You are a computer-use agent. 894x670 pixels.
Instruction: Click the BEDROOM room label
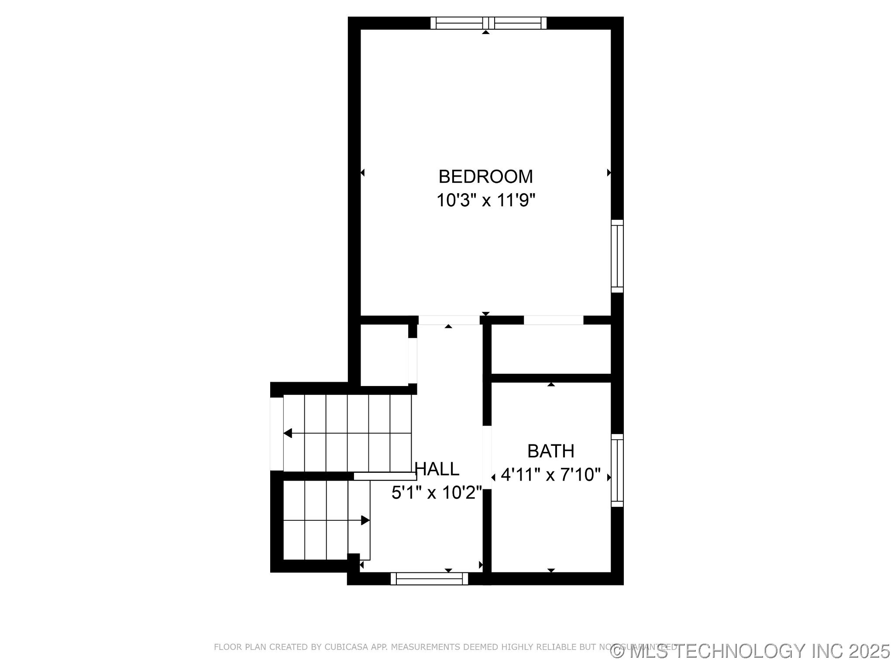click(x=485, y=177)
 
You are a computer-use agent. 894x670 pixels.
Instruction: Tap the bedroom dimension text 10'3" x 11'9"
click(x=485, y=201)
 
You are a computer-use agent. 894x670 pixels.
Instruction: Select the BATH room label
click(x=550, y=451)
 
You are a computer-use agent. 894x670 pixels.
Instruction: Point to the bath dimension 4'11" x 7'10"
click(x=550, y=475)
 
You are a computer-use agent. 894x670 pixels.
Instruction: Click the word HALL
click(x=437, y=469)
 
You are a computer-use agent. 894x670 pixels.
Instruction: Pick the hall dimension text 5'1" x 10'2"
click(x=437, y=493)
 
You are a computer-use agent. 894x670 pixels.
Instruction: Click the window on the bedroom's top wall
click(x=488, y=23)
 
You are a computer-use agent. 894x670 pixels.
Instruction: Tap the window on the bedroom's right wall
click(x=617, y=256)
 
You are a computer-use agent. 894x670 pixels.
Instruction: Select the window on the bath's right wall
click(x=617, y=470)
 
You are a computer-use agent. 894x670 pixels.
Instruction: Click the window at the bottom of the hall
click(x=429, y=578)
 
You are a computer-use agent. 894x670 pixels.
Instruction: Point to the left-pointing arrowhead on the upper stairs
click(x=288, y=433)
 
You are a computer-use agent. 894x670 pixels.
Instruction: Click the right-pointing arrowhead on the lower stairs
click(x=365, y=520)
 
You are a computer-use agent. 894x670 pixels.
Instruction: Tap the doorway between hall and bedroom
click(x=449, y=320)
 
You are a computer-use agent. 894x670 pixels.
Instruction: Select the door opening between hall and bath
click(x=487, y=457)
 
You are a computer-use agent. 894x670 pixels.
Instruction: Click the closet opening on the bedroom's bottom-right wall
click(x=554, y=320)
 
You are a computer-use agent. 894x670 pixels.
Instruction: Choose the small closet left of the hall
click(x=384, y=356)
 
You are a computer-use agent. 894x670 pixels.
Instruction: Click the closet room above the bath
click(x=551, y=349)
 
